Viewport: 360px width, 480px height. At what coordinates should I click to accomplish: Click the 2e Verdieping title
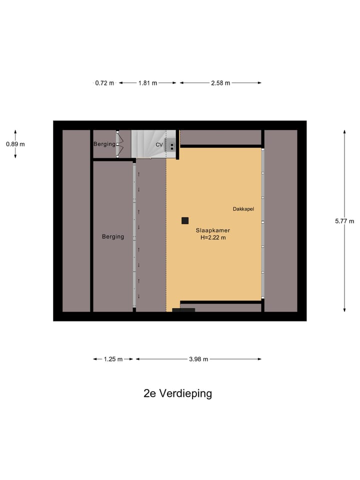click(x=177, y=393)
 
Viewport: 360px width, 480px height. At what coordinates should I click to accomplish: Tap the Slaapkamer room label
click(x=213, y=230)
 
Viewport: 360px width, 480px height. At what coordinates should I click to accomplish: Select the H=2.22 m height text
click(x=213, y=238)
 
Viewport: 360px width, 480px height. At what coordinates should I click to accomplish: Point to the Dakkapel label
click(x=243, y=209)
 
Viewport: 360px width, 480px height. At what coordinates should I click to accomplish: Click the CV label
click(x=159, y=144)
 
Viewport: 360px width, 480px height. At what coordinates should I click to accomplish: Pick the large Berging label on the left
click(x=113, y=236)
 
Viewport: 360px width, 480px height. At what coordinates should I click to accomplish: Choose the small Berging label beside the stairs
click(x=104, y=144)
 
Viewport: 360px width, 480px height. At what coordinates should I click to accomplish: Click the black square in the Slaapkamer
click(x=185, y=220)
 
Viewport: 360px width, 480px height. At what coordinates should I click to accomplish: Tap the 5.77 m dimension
click(x=344, y=221)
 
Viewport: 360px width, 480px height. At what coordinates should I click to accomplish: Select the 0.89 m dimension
click(x=15, y=144)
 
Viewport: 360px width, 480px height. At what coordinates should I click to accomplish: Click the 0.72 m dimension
click(x=104, y=83)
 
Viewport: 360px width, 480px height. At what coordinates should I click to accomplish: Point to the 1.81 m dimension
click(x=147, y=83)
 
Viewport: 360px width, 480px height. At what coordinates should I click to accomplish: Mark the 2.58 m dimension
click(x=220, y=83)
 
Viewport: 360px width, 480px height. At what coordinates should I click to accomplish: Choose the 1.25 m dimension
click(x=113, y=359)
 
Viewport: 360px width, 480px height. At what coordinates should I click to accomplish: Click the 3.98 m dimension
click(x=198, y=359)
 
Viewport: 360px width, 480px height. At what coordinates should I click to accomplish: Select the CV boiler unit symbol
click(x=171, y=145)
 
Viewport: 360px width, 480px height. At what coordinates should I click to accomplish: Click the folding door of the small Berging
click(x=119, y=144)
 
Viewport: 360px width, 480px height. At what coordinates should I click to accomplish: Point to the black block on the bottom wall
click(x=183, y=310)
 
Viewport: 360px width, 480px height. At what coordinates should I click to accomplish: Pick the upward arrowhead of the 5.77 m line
click(x=344, y=132)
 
